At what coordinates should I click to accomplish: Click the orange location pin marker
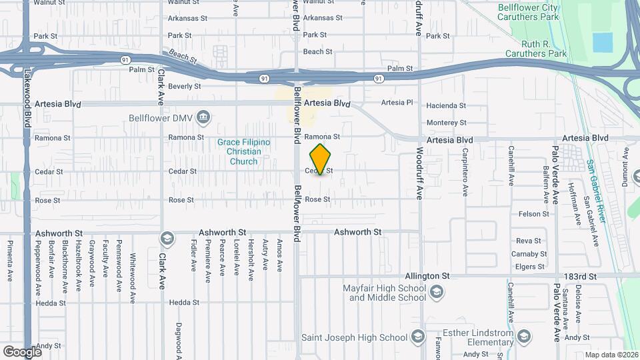[321, 159]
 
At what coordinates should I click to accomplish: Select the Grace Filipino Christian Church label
[243, 152]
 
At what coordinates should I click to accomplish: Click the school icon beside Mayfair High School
[436, 291]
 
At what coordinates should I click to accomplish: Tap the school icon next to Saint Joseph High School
[418, 335]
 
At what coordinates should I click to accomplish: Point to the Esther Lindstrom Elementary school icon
[523, 335]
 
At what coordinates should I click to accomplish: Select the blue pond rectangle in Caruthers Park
[603, 42]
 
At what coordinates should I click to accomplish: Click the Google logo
[21, 351]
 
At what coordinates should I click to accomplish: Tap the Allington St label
[427, 275]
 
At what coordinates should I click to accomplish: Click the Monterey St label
[446, 123]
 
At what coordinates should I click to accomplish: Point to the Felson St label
[533, 214]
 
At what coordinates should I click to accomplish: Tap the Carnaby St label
[530, 254]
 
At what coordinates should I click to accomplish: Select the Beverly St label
[184, 87]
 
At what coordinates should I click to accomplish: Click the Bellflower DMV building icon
[203, 118]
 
